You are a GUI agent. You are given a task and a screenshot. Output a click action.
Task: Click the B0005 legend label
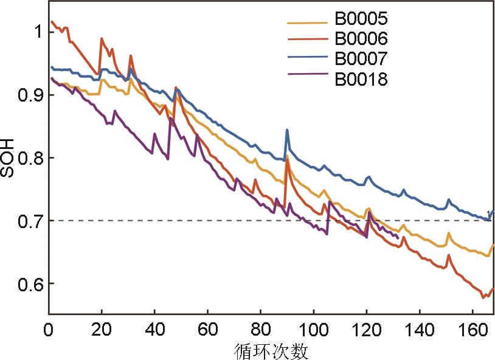361,19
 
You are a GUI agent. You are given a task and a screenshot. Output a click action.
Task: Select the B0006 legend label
361,39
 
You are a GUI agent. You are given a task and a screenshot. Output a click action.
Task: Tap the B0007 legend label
361,58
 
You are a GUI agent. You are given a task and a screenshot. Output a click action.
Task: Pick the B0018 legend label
361,78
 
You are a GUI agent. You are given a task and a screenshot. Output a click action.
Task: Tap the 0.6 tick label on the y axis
27,283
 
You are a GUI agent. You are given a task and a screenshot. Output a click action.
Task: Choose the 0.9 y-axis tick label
27,94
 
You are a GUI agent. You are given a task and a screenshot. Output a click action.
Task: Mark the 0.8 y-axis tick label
27,157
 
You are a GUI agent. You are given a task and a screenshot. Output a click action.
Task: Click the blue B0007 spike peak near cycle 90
287,130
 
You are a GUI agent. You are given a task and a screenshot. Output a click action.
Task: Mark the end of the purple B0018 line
398,238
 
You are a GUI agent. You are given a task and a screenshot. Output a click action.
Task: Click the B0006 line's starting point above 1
52,22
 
